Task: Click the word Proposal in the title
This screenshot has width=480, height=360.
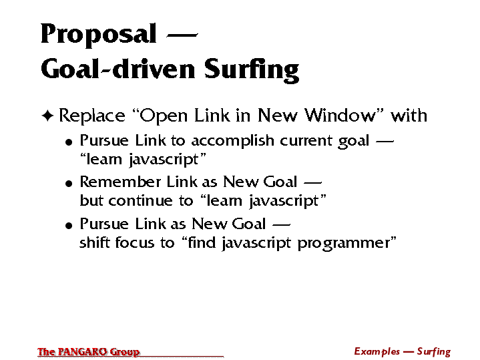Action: (99, 34)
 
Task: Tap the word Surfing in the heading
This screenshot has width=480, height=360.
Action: (251, 70)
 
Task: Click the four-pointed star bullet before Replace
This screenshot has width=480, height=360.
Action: (47, 116)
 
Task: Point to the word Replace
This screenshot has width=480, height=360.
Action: (92, 116)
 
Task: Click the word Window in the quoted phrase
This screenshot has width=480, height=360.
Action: (340, 116)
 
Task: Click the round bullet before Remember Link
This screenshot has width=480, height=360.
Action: (69, 184)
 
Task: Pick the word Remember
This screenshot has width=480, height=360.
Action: (120, 182)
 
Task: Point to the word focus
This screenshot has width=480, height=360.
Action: (135, 242)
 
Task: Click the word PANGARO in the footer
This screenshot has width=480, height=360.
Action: (82, 352)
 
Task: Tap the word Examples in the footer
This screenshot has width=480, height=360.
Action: (377, 351)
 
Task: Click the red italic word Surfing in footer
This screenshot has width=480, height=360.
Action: (434, 352)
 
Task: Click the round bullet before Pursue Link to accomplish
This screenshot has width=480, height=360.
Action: (69, 142)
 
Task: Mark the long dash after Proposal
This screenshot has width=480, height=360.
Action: (182, 35)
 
